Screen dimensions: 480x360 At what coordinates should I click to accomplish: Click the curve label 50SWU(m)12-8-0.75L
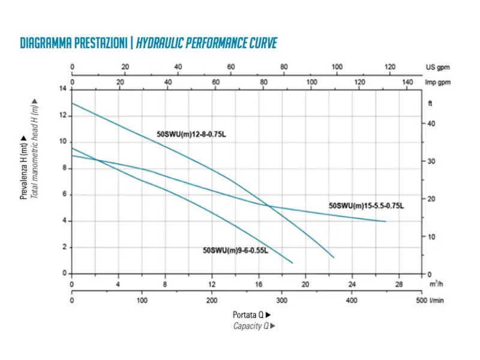(191, 134)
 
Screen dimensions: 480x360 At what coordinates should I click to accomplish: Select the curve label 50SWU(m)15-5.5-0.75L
(366, 206)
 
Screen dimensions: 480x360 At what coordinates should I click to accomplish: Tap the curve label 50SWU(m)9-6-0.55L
(235, 250)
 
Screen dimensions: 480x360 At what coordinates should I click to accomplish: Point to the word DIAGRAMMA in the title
(46, 43)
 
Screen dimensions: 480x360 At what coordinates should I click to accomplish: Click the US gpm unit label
(437, 67)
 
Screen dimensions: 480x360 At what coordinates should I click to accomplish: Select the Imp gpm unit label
(438, 82)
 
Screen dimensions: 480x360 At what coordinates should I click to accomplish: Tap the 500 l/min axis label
(430, 301)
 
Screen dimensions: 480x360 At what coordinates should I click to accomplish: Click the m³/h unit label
(436, 284)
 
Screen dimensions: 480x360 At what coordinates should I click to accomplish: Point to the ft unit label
(430, 103)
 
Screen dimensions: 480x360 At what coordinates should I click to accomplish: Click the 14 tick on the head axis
(63, 89)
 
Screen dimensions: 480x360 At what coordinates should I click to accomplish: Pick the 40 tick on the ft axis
(431, 124)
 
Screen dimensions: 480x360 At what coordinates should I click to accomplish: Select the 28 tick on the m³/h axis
(399, 284)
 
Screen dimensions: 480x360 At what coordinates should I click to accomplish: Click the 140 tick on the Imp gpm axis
(407, 82)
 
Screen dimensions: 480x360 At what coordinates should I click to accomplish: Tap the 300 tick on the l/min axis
(281, 301)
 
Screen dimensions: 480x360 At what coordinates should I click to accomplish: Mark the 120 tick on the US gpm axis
(390, 67)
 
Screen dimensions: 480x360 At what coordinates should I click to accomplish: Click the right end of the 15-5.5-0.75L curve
(386, 221)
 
